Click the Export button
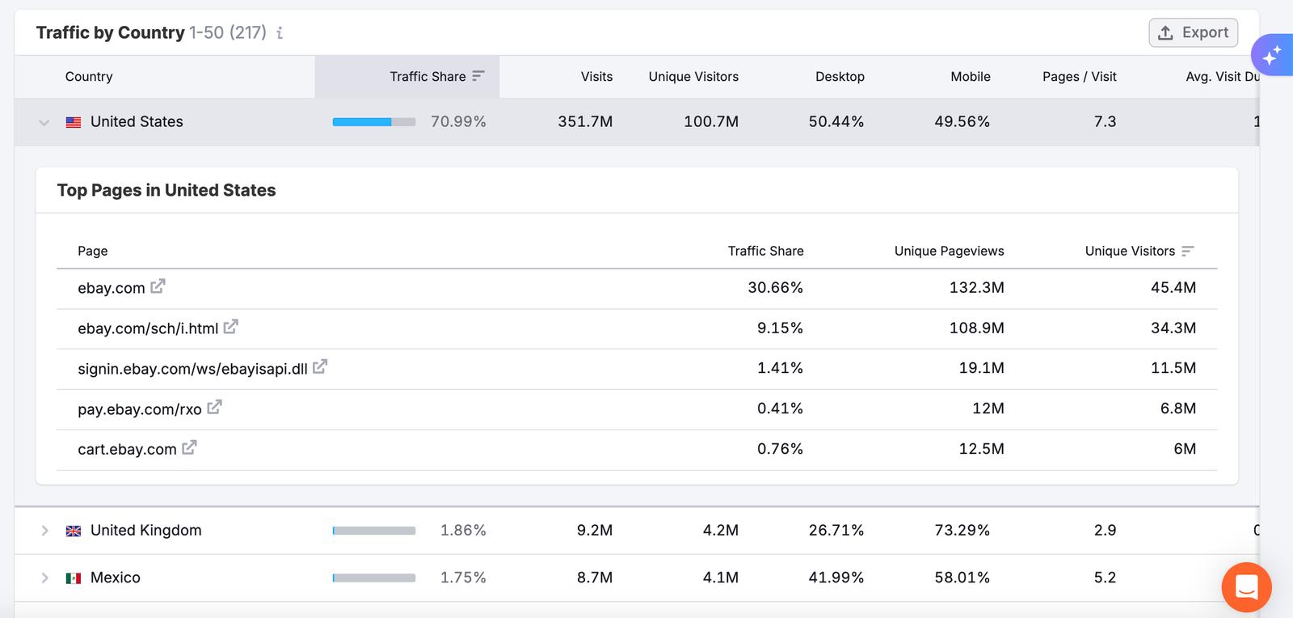click(x=1193, y=32)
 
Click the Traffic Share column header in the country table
click(x=427, y=77)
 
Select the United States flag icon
click(x=74, y=122)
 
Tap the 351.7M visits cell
click(x=585, y=122)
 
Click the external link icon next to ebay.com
click(x=158, y=286)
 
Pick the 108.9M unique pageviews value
click(x=976, y=328)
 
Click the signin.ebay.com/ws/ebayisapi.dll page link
click(x=192, y=369)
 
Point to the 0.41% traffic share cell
click(x=780, y=408)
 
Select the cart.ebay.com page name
click(x=127, y=450)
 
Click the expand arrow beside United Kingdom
click(x=44, y=531)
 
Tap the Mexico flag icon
click(x=74, y=578)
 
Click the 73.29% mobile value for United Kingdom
click(x=962, y=531)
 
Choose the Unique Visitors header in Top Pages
click(x=1130, y=252)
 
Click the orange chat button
click(x=1246, y=587)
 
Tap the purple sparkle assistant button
click(x=1272, y=55)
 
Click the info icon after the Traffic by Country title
click(x=280, y=33)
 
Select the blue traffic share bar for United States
click(x=362, y=122)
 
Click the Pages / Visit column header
click(x=1079, y=77)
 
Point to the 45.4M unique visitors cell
click(x=1173, y=288)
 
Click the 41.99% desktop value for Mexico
click(x=836, y=578)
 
